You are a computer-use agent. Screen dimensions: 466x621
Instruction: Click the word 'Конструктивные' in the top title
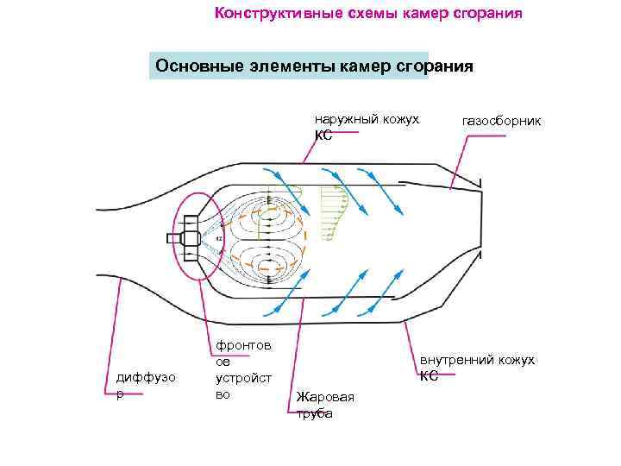click(x=268, y=14)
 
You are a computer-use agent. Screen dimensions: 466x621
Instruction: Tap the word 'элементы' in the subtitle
click(x=288, y=66)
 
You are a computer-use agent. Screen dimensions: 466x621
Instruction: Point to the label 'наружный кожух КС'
click(x=366, y=126)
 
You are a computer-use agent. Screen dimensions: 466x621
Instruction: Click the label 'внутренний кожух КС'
click(x=476, y=366)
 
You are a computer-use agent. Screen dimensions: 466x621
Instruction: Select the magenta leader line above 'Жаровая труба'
click(x=298, y=345)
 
